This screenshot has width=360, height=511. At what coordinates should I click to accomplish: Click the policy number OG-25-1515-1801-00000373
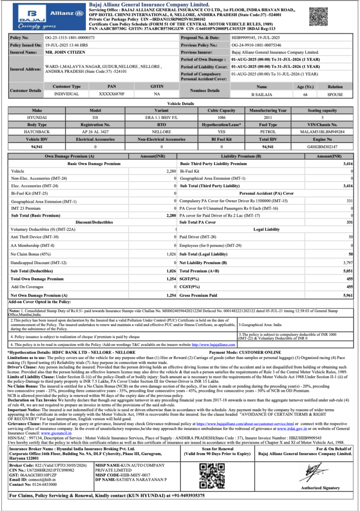click(x=70, y=37)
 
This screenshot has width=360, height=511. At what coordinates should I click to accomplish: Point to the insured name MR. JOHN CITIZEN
click(x=64, y=52)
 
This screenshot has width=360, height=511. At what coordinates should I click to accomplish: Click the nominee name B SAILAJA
click(x=261, y=94)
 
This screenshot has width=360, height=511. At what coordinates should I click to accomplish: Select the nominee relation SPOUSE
click(x=335, y=94)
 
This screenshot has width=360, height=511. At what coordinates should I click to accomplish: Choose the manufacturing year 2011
click(x=268, y=117)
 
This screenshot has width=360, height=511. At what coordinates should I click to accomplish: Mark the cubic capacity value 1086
click(x=221, y=117)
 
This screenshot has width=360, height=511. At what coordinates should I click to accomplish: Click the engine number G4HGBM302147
click(x=322, y=147)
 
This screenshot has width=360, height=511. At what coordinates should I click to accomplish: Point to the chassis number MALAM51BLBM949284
click(x=322, y=132)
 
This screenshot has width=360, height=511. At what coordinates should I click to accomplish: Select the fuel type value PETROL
click(x=268, y=132)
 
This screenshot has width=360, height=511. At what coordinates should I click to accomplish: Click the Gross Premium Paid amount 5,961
click(x=348, y=295)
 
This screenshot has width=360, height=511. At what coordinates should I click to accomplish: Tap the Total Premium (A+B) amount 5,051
click(x=348, y=271)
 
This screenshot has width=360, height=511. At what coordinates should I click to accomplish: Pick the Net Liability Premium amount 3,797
click(x=348, y=263)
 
